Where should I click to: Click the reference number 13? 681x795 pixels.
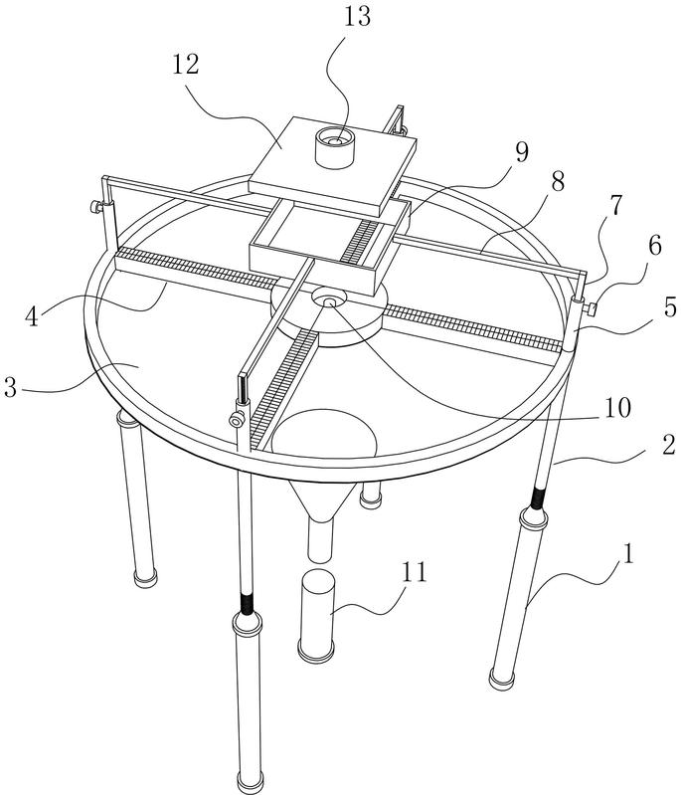[x=358, y=17]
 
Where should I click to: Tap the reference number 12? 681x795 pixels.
[x=186, y=65]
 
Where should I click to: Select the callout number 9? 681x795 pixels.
[x=521, y=151]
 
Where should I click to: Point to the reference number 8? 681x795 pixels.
[x=558, y=181]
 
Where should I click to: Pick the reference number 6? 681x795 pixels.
[x=654, y=246]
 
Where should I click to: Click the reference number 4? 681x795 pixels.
[x=33, y=316]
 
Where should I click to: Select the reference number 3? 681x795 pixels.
[x=11, y=387]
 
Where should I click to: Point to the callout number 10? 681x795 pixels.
[x=616, y=408]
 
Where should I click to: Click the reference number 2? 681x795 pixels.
[x=669, y=445]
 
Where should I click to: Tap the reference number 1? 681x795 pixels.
[x=627, y=553]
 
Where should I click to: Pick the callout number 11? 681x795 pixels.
[x=414, y=572]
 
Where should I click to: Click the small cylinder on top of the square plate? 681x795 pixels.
[x=334, y=147]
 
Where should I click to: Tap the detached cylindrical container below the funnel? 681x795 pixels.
[x=316, y=616]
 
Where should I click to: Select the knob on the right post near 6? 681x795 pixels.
[x=591, y=308]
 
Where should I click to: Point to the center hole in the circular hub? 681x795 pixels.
[x=330, y=302]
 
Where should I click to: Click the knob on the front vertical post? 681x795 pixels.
[x=237, y=420]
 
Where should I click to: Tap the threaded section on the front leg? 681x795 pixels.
[x=247, y=603]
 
